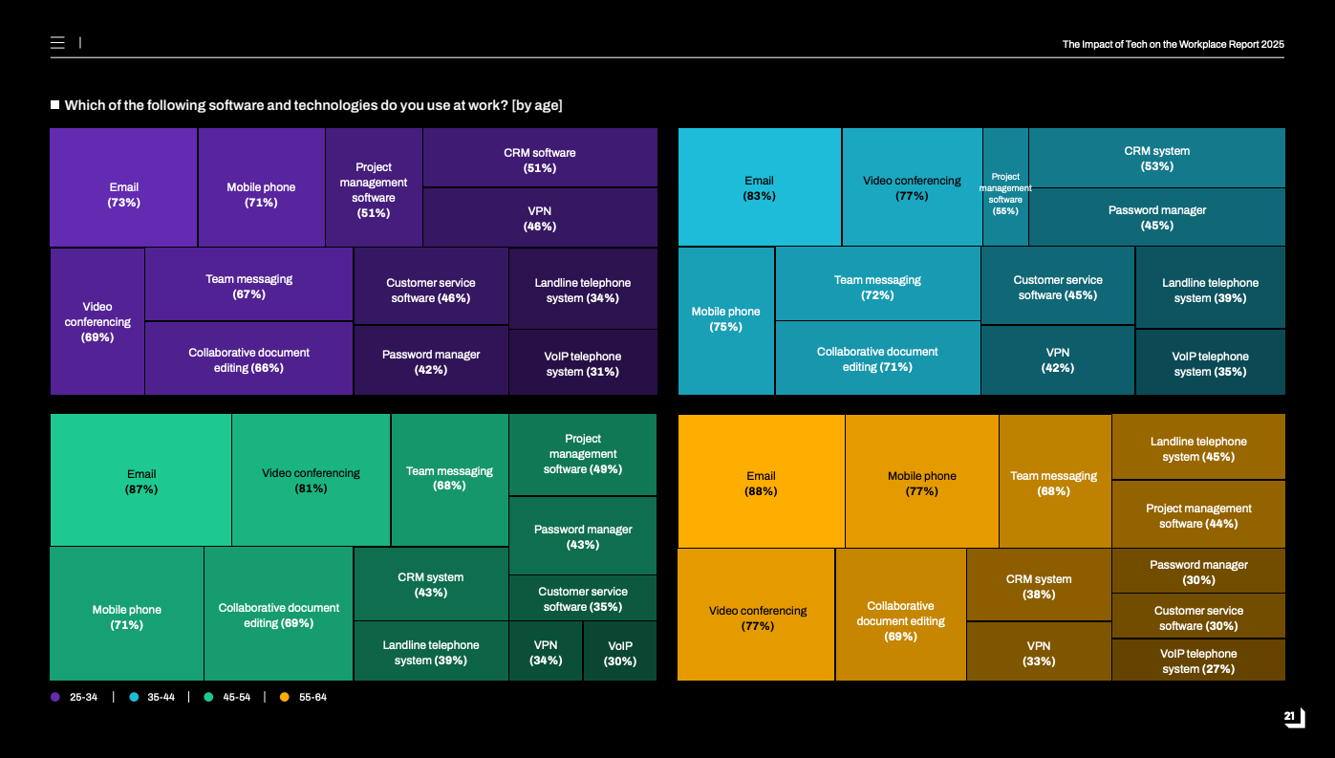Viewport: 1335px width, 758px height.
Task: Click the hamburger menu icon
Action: pos(57,43)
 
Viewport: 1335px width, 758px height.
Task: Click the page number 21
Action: pos(1290,716)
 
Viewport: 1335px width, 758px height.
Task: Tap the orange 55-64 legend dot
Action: pos(284,697)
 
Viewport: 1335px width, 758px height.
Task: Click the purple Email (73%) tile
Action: pos(123,188)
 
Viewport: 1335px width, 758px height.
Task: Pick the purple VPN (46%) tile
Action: pos(540,218)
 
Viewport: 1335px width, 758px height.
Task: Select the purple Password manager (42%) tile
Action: pos(431,361)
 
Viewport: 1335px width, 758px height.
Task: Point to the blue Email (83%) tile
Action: pos(759,187)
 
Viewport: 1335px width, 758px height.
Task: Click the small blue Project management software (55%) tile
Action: pos(1005,187)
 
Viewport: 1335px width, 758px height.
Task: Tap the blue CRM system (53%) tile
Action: pos(1156,158)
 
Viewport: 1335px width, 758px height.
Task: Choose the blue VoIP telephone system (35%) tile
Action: pos(1210,362)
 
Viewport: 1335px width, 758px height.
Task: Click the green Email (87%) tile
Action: pos(140,480)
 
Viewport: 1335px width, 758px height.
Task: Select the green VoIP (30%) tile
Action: pos(620,652)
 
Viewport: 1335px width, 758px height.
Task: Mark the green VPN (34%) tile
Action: pos(546,652)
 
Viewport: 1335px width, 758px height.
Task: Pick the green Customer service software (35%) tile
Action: pos(583,598)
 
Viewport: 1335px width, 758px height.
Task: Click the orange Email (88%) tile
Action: pos(761,482)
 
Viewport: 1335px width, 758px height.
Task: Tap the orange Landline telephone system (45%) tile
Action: pos(1198,447)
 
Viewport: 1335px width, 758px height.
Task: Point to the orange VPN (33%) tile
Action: pos(1039,652)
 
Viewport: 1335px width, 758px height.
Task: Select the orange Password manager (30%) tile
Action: pos(1198,571)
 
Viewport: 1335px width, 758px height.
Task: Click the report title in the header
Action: pos(1173,44)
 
